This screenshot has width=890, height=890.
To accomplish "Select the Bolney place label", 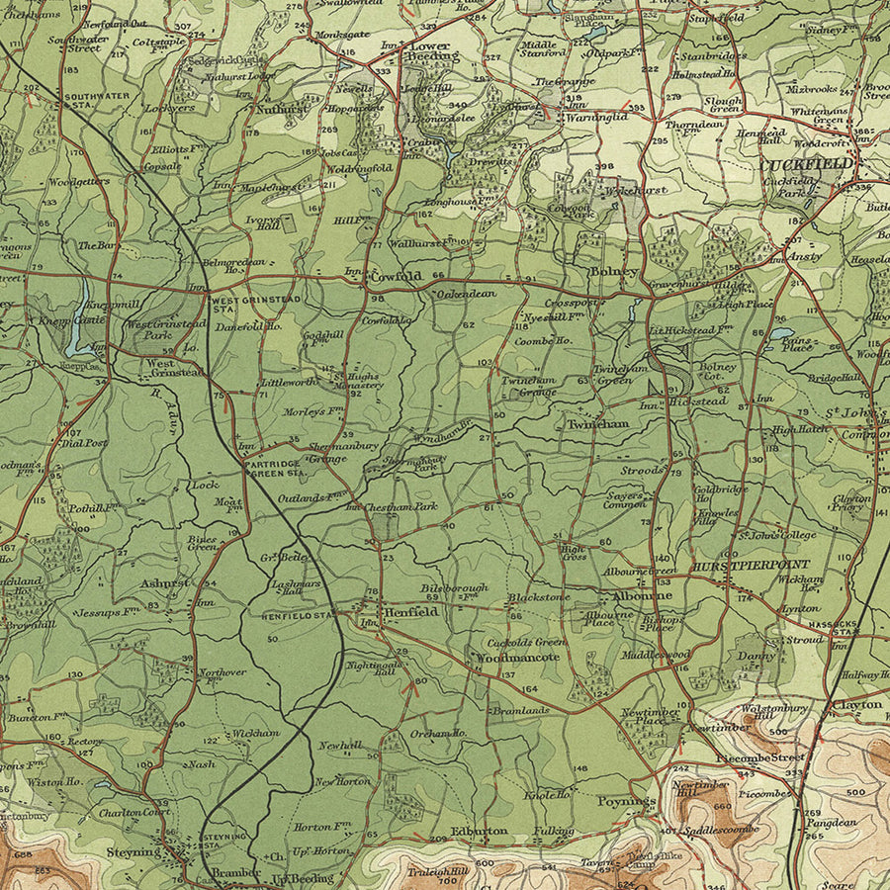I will click(613, 270).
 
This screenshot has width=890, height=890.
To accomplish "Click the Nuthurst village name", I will click(281, 110).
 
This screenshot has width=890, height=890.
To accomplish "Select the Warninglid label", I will click(597, 118).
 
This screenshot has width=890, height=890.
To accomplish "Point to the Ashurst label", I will click(163, 583).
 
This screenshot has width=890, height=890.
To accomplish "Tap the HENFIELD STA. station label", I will click(298, 615).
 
